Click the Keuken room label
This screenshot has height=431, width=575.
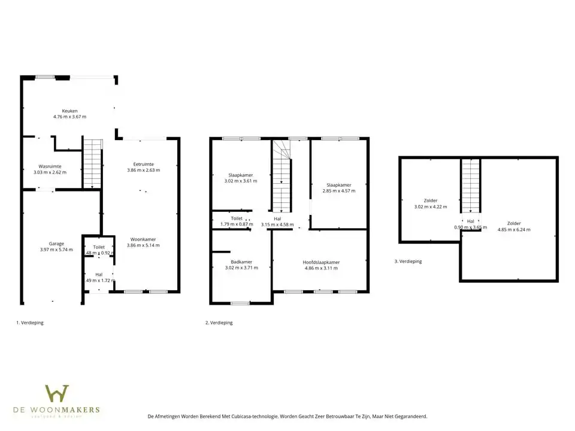[70, 111]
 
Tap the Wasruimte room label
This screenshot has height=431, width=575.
[50, 166]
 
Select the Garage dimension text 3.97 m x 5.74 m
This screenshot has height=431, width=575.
[56, 250]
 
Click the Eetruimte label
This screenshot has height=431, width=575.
[143, 164]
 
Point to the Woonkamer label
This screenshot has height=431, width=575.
[143, 239]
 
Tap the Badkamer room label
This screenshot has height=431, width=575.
[241, 262]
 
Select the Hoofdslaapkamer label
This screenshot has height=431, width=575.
[321, 262]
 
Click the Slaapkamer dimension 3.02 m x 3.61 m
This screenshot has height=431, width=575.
[240, 181]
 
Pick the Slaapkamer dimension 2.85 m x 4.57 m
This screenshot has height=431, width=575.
[338, 191]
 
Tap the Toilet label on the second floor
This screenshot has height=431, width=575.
[237, 218]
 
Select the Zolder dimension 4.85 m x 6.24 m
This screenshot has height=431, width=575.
[513, 229]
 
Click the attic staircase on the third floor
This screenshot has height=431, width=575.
[470, 186]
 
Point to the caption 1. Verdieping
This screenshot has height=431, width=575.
[30, 323]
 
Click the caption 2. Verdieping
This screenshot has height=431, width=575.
[219, 323]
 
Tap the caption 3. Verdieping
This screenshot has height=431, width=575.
[408, 262]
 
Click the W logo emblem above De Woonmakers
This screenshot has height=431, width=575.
[57, 394]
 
